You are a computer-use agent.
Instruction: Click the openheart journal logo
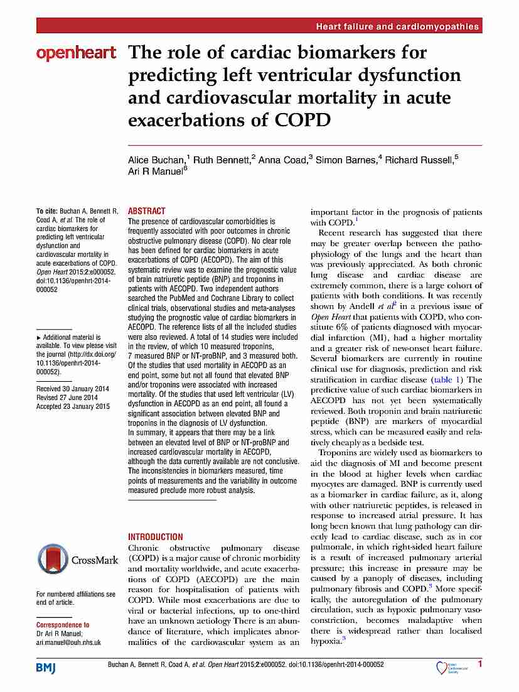76,53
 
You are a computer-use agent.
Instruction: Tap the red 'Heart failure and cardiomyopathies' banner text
397,26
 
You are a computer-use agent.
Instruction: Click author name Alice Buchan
154,160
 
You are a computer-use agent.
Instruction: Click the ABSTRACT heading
147,211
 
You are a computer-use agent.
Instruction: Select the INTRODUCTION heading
156,537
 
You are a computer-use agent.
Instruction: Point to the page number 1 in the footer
480,664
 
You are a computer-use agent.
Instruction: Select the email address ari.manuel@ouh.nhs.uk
68,642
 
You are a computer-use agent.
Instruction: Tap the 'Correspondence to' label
63,625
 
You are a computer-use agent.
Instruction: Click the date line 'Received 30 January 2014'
73,389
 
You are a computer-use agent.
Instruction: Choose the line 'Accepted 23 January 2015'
73,406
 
